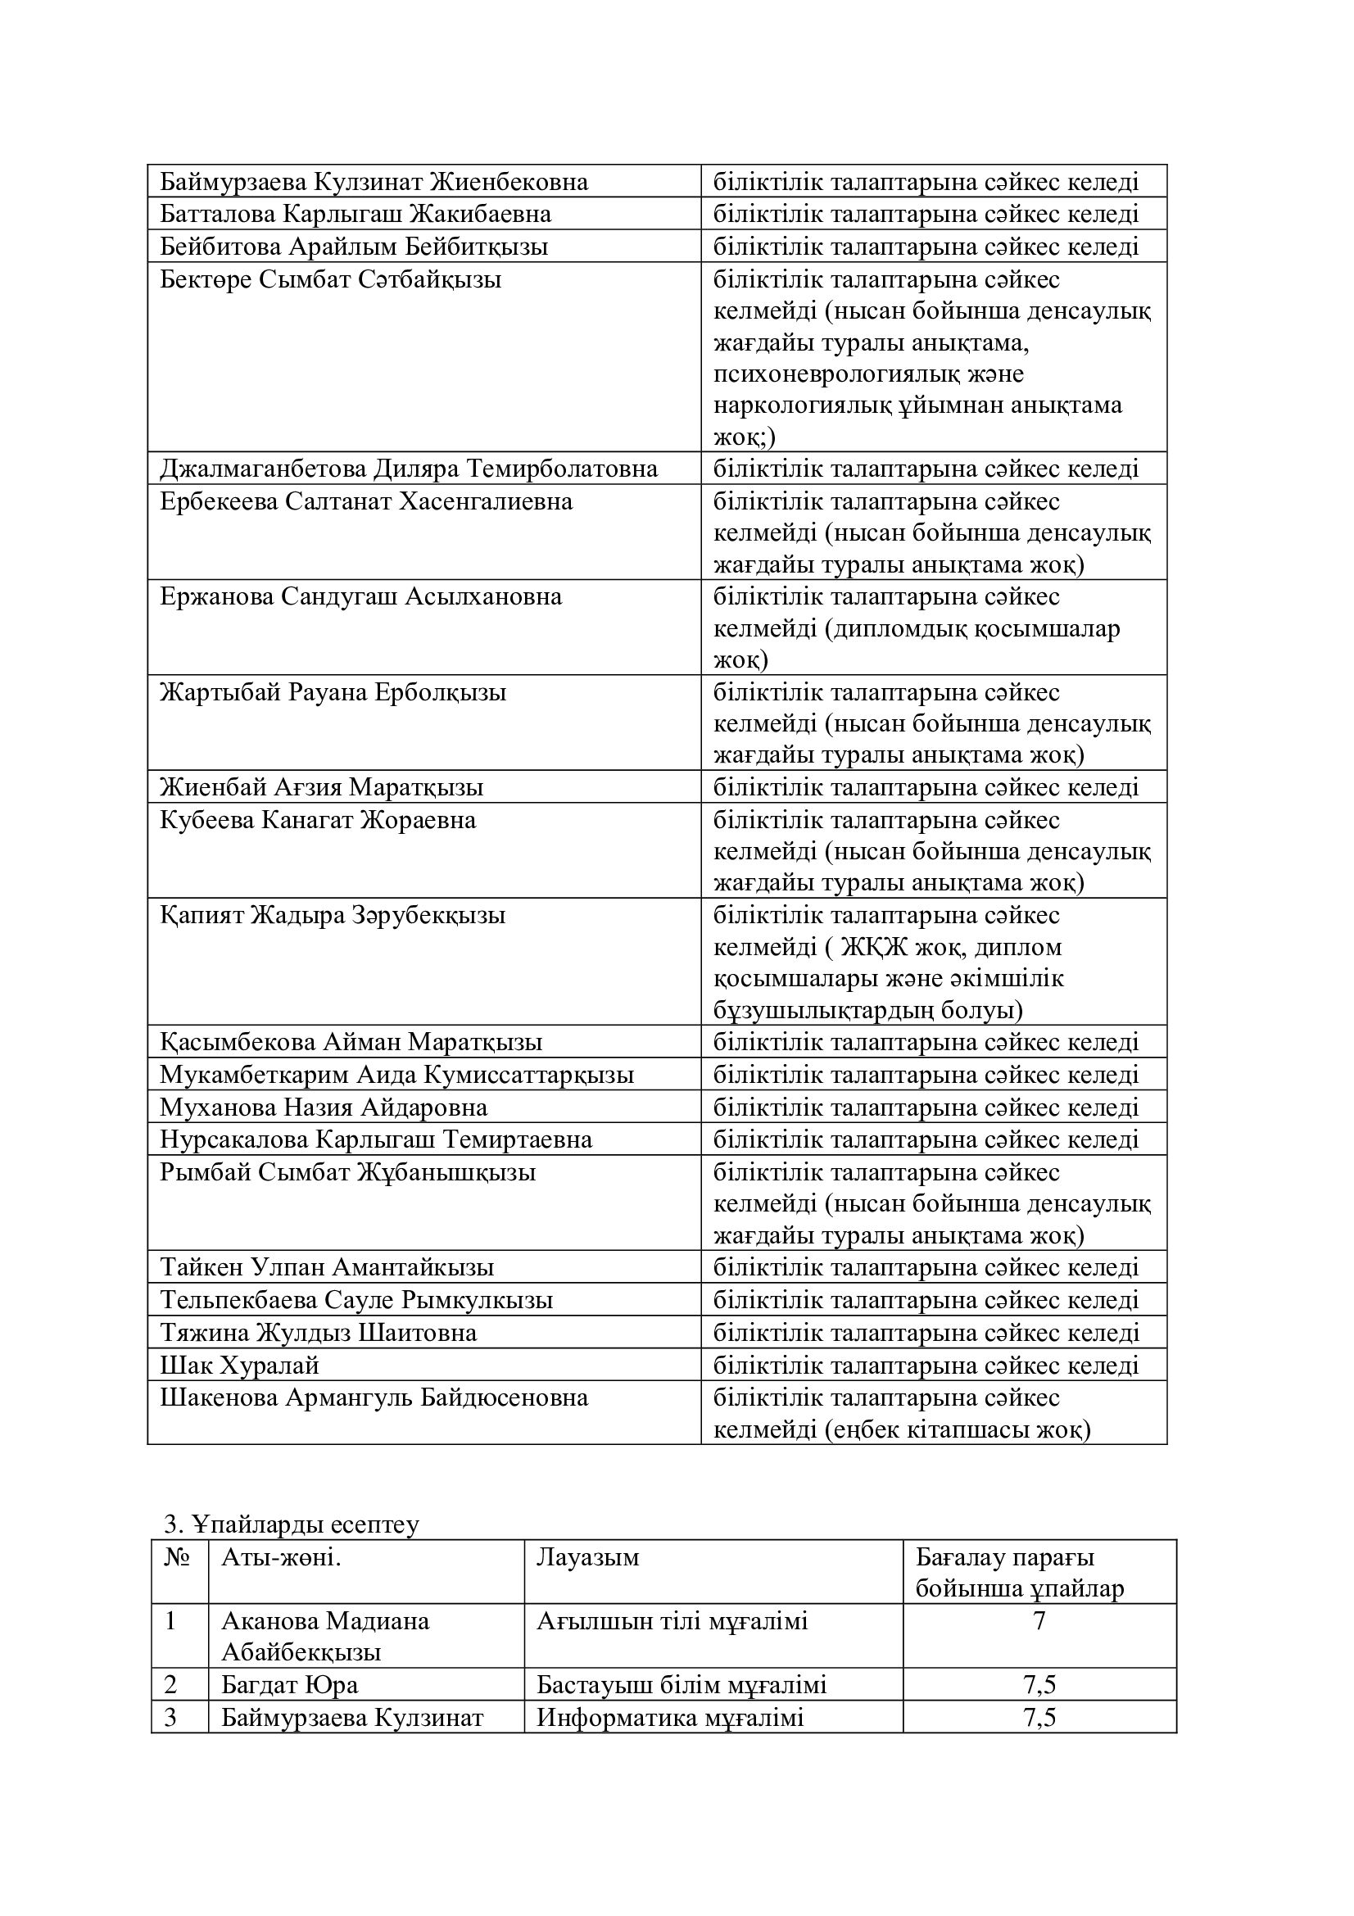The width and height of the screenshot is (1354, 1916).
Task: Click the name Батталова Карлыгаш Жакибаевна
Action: pyautogui.click(x=355, y=215)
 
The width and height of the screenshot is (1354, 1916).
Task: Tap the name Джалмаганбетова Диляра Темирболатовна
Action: pyautogui.click(x=409, y=469)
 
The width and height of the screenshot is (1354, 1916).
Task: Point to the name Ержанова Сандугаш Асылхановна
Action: pyautogui.click(x=361, y=596)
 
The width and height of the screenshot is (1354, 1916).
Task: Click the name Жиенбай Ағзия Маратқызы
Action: pyautogui.click(x=322, y=787)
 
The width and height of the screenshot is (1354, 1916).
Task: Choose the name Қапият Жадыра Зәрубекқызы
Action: pyautogui.click(x=333, y=916)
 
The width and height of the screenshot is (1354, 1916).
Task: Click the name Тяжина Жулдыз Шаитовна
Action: pyautogui.click(x=319, y=1333)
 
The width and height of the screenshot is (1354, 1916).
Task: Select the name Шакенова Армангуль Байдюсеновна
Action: pyautogui.click(x=374, y=1397)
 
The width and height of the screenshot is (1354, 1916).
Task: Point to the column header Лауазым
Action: pyautogui.click(x=588, y=1557)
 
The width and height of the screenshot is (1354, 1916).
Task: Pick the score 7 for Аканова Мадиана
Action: pyautogui.click(x=1039, y=1621)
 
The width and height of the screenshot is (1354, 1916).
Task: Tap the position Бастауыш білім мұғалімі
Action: pyautogui.click(x=682, y=1685)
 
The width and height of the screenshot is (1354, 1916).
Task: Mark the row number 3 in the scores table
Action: pyautogui.click(x=171, y=1718)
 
